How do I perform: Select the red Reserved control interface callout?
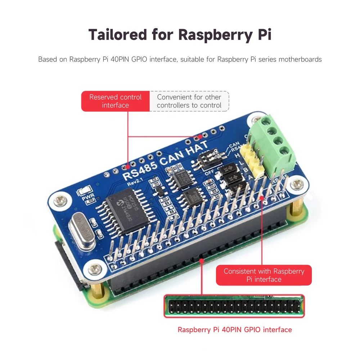[115, 101]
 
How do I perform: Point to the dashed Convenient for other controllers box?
[189, 101]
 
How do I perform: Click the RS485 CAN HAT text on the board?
[166, 160]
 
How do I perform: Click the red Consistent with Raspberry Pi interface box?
[264, 275]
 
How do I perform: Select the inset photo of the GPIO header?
[234, 306]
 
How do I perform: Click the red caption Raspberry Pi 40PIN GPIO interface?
[235, 330]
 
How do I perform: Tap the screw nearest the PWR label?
[60, 199]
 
